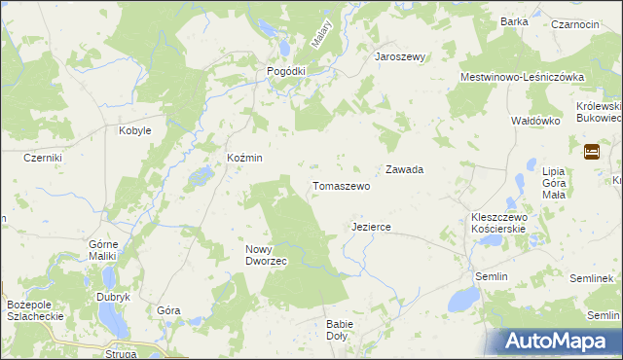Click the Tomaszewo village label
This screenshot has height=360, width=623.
pos(340,185)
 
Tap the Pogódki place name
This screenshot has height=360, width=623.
pos(286,71)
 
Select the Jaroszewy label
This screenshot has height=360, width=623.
pos(401,56)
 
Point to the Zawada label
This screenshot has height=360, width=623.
pos(404,169)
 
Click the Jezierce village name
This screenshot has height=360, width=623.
pos(370,227)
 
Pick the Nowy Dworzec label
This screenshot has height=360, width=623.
pos(265,255)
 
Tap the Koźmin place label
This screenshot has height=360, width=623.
pos(244,158)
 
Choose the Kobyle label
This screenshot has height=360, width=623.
pos(134,130)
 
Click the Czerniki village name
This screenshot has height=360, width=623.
pos(43,158)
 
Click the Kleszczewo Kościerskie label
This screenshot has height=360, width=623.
pos(497,223)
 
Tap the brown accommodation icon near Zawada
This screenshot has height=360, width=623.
pos(591,152)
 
